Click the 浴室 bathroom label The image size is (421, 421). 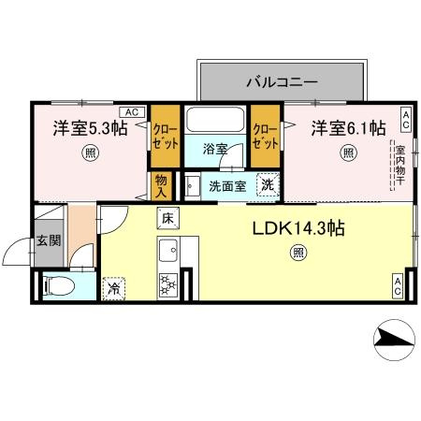point(216,148)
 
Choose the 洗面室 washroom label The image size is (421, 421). point(227,185)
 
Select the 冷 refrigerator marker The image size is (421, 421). point(114,289)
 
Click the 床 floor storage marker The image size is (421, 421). point(169,218)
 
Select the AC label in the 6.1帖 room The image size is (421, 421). point(405,121)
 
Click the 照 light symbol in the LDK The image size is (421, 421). point(298,251)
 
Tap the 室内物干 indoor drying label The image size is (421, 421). point(399,166)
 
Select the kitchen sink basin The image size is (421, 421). point(169,250)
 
